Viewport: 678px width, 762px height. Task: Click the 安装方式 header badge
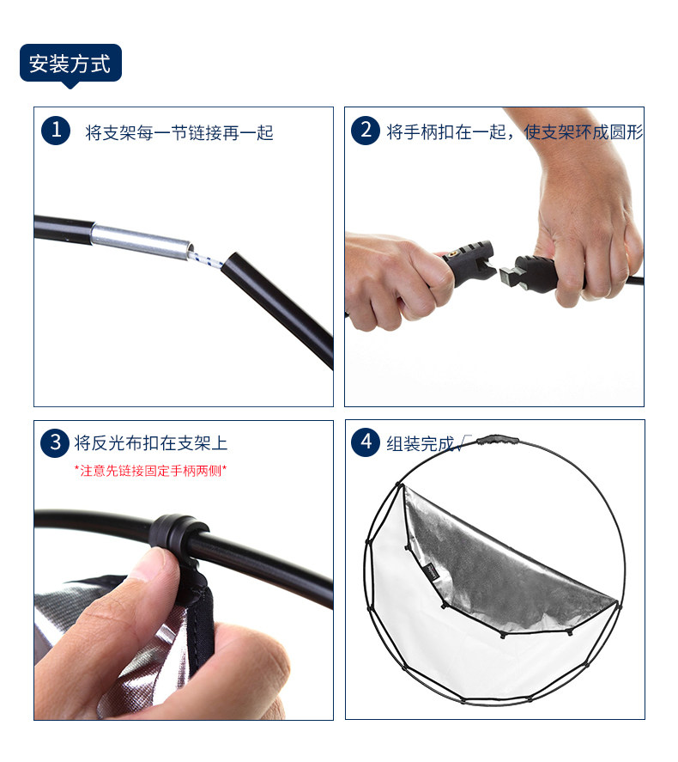[x=70, y=64]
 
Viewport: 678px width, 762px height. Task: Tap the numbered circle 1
[x=56, y=131]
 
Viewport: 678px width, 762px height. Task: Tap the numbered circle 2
[x=366, y=131]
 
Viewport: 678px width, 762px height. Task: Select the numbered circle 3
[x=55, y=442]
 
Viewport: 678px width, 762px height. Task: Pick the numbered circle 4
[x=366, y=442]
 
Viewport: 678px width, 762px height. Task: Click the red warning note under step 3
[x=150, y=471]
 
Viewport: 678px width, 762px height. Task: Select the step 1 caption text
[x=179, y=132]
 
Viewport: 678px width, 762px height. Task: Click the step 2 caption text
[x=514, y=131]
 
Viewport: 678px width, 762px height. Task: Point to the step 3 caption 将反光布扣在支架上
[x=151, y=443]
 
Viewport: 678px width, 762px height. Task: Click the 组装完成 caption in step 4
[x=420, y=443]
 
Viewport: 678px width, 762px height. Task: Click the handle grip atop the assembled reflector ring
[x=497, y=440]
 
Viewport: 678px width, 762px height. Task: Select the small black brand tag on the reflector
[x=433, y=572]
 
